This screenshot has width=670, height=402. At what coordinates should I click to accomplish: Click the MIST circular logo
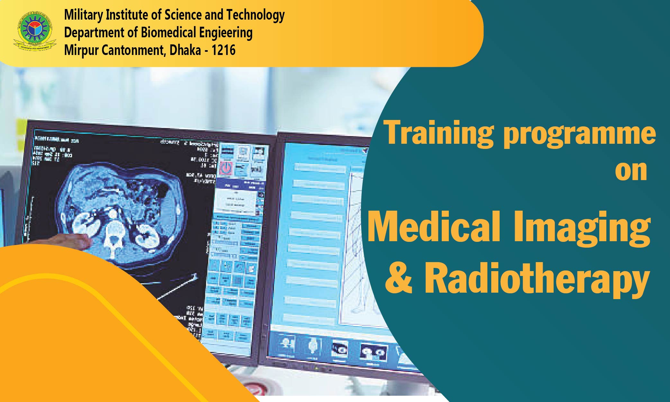tap(34, 31)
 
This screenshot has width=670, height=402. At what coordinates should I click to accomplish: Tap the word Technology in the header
tap(255, 15)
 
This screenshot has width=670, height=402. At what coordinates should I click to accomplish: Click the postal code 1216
tap(223, 50)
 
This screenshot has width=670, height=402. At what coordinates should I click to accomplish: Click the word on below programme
tap(631, 171)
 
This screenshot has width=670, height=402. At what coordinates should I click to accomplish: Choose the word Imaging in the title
tap(582, 229)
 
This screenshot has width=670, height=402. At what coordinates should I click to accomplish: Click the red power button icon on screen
tap(227, 168)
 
